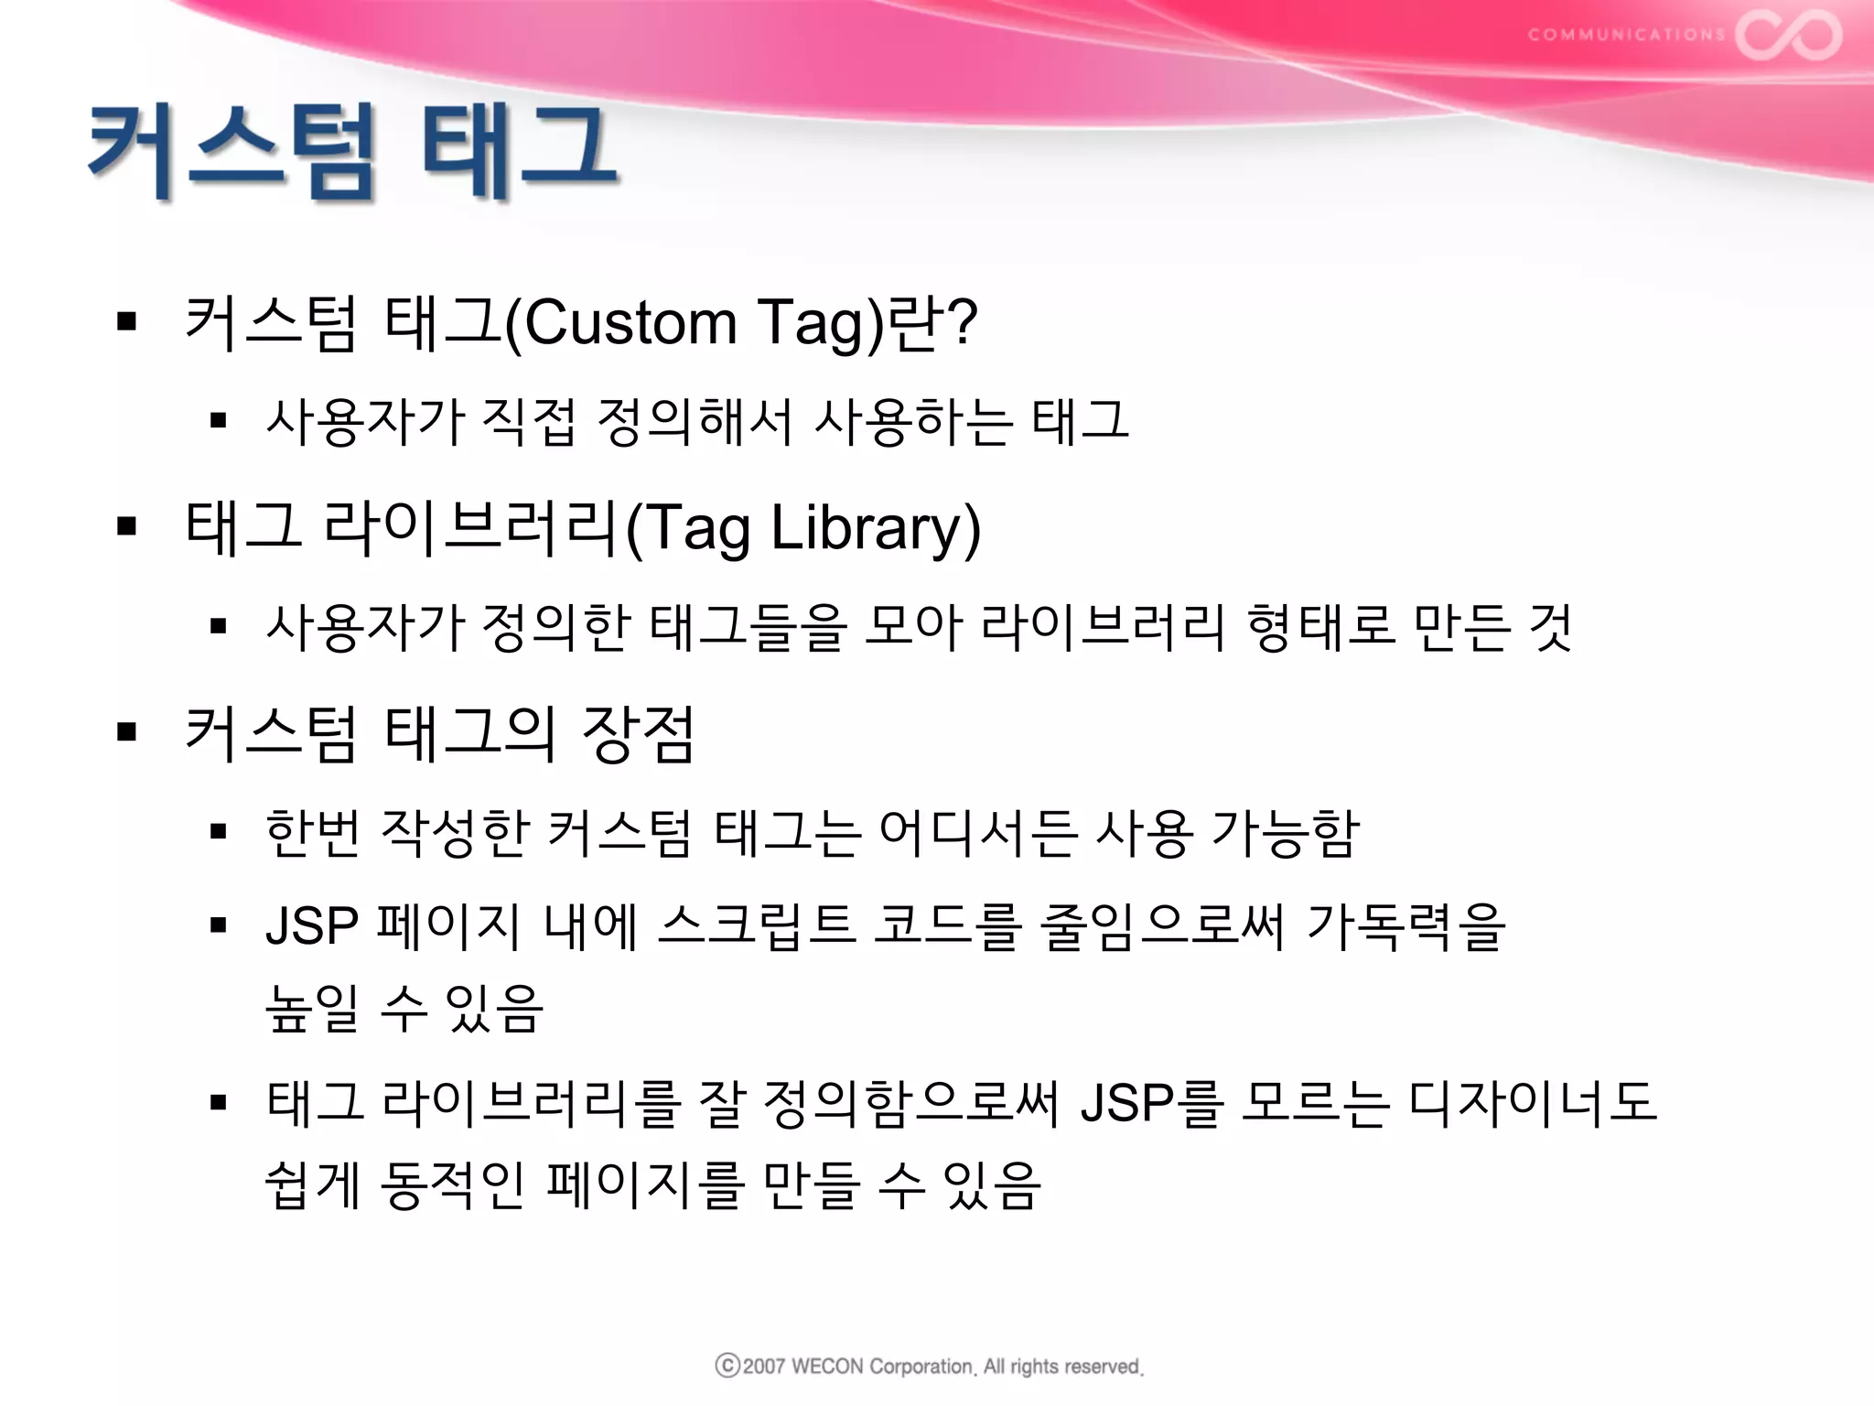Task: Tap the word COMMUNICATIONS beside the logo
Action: pos(1626,35)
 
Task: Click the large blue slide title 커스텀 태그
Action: pos(352,151)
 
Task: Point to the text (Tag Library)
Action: pos(803,528)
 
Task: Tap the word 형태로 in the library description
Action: pos(1320,628)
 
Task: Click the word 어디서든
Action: pos(976,834)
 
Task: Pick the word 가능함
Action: pos(1285,834)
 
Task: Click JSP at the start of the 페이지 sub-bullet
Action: pos(311,925)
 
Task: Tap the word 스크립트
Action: pos(756,925)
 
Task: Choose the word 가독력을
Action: pos(1405,925)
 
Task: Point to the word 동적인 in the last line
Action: pos(451,1185)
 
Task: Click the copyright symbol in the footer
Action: pos(727,1366)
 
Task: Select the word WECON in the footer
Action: pos(826,1367)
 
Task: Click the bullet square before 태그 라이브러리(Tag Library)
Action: pos(127,526)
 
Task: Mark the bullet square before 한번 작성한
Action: pos(218,832)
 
